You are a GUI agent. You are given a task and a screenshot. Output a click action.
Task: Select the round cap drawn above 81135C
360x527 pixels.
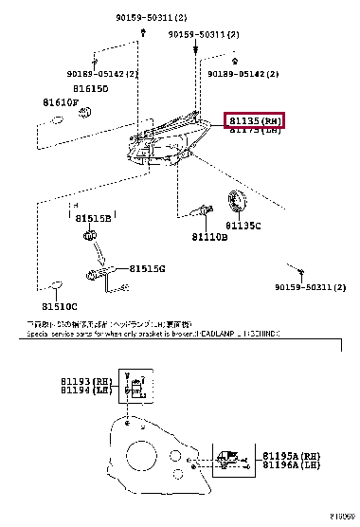coord(240,202)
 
